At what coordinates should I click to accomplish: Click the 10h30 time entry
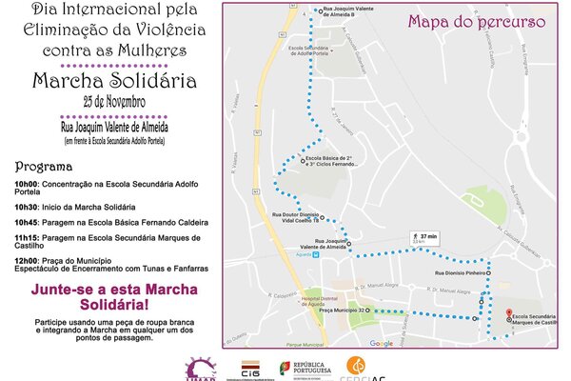point(27,206)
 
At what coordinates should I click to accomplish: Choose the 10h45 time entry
point(27,222)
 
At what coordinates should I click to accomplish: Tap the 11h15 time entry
point(27,237)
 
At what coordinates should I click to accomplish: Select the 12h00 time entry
point(27,260)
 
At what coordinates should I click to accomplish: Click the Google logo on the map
point(381,343)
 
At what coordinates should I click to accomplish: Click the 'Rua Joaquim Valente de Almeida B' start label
point(351,13)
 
